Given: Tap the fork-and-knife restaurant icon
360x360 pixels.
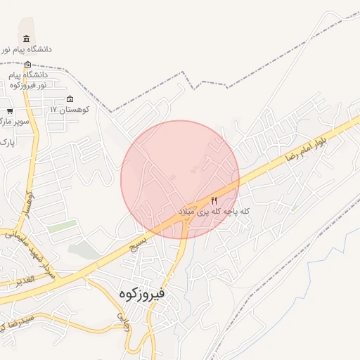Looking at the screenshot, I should tap(214, 200).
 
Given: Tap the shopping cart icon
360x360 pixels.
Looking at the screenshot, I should tap(10, 111).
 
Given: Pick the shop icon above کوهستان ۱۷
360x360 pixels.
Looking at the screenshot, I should tap(69, 98).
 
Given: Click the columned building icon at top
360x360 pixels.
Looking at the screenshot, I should tap(27, 38).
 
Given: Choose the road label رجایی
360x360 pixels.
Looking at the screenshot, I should tap(122, 321).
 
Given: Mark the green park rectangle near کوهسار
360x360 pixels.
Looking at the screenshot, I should tap(62, 227).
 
